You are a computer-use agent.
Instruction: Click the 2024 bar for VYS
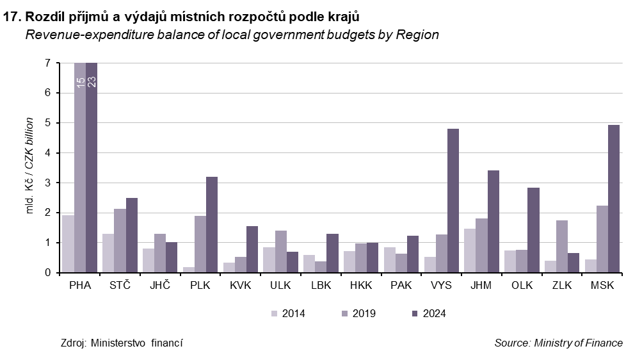pos(453,200)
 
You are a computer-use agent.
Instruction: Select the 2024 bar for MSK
pos(614,199)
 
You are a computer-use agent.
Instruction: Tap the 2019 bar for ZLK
pos(562,247)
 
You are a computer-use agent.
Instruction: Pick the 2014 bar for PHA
pos(68,243)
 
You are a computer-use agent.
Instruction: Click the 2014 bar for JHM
pos(470,250)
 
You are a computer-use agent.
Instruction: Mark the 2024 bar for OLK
pos(533,230)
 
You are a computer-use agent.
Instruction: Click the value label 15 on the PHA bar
pos(81,81)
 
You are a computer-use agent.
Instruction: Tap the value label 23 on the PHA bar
pos(92,81)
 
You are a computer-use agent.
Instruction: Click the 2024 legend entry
pos(428,313)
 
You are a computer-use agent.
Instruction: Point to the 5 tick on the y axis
pos(47,122)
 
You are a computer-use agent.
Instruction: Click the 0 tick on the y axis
pos(47,273)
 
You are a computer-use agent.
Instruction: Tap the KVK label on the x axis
pos(241,286)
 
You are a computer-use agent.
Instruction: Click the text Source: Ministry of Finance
pos(558,343)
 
